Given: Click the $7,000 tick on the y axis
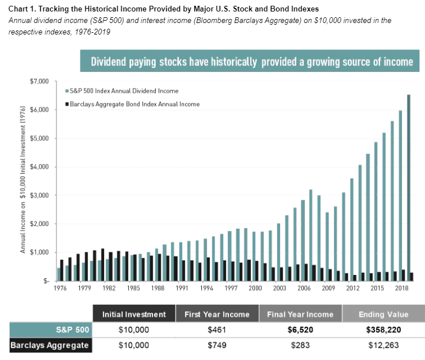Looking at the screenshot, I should pyautogui.click(x=40, y=82).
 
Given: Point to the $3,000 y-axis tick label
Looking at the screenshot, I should pyautogui.click(x=40, y=196).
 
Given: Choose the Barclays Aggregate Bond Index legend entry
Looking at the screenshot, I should pyautogui.click(x=133, y=104).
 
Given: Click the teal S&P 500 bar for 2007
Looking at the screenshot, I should pyautogui.click(x=311, y=235).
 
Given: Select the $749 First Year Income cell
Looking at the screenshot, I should pyautogui.click(x=217, y=345).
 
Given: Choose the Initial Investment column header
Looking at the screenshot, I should pyautogui.click(x=134, y=314).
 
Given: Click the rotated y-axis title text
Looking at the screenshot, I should pyautogui.click(x=23, y=180).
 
